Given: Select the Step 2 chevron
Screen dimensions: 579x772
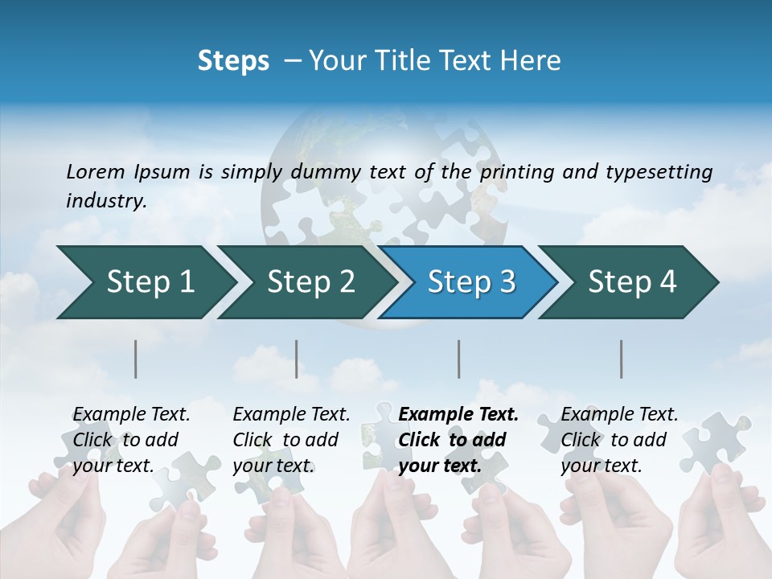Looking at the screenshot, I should [x=310, y=281].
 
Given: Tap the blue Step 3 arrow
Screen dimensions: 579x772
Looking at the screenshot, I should [x=471, y=281].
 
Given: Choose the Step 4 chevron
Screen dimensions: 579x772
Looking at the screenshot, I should [x=632, y=281].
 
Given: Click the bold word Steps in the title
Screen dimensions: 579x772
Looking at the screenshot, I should [x=233, y=60].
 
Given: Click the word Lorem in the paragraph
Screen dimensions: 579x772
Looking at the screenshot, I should [x=95, y=171].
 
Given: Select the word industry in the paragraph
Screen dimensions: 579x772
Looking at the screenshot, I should [x=106, y=200].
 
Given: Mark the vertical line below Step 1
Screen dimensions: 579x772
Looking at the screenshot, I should [x=135, y=359].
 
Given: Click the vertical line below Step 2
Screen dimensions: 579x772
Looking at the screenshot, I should [x=297, y=359].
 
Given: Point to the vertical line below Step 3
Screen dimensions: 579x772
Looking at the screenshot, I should [x=458, y=359].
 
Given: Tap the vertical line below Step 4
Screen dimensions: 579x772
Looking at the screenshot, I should [x=621, y=359].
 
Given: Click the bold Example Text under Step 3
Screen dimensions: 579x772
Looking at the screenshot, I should [x=458, y=414].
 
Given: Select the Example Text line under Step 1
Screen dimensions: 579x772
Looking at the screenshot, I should [x=131, y=414].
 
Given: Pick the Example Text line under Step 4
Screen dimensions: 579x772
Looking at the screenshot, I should [x=619, y=414].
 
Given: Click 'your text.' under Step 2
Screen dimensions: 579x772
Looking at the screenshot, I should [x=273, y=466].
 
